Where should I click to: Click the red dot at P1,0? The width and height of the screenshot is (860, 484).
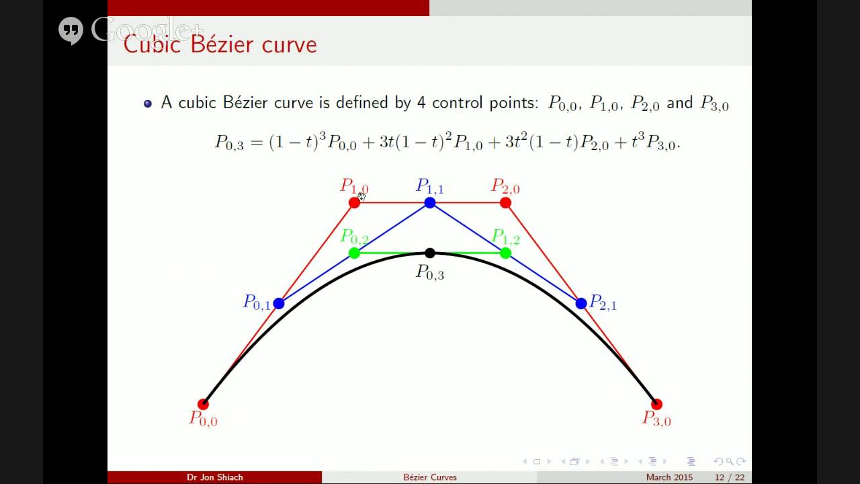[x=354, y=202]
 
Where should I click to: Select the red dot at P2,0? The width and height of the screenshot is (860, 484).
[x=505, y=202]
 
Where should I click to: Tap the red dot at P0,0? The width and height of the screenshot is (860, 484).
[x=203, y=404]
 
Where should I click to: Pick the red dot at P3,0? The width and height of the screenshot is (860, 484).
[x=656, y=404]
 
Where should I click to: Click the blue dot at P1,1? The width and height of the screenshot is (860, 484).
[x=430, y=202]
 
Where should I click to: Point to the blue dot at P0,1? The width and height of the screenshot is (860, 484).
[x=279, y=303]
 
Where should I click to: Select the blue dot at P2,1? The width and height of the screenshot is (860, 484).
[x=581, y=303]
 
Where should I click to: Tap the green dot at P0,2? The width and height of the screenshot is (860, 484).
[x=354, y=253]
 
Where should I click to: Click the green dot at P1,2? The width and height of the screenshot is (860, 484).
[x=505, y=253]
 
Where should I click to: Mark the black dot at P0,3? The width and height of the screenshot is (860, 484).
[x=430, y=253]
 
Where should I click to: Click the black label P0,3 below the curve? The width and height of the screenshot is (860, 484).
[x=430, y=272]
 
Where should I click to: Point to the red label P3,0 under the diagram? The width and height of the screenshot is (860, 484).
[x=656, y=419]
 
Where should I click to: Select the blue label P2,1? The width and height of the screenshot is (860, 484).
[x=603, y=303]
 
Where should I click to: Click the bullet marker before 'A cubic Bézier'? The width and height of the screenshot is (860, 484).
[x=148, y=104]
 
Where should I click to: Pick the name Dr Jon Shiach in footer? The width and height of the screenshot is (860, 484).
[x=215, y=477]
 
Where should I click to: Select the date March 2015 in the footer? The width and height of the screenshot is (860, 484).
[x=669, y=477]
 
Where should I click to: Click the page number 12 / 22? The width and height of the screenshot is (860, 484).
[x=730, y=477]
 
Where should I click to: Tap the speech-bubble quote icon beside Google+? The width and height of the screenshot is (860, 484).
[x=71, y=30]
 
